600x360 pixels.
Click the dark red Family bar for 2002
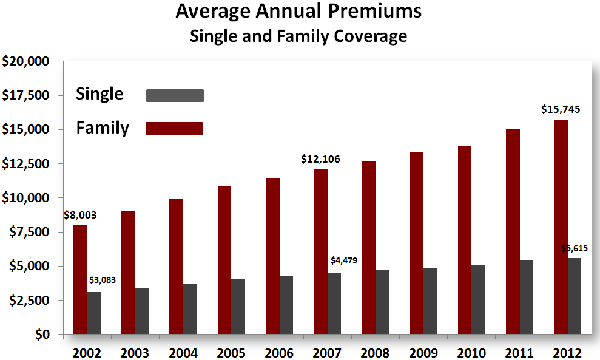point(80,280)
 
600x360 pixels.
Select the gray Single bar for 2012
point(574,296)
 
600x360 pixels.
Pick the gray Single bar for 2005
point(238,307)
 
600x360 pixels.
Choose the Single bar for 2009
point(430,301)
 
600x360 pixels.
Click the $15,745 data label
point(561,110)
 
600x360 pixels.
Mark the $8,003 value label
point(80,215)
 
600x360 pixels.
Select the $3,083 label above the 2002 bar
point(102,280)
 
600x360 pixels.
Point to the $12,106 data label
point(320,160)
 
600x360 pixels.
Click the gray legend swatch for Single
point(175,95)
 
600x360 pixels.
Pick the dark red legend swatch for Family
point(175,128)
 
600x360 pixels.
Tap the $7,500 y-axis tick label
point(29,232)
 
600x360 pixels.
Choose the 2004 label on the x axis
point(184,353)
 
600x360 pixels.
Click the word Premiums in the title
point(372,12)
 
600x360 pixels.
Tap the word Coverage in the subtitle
point(371,36)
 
